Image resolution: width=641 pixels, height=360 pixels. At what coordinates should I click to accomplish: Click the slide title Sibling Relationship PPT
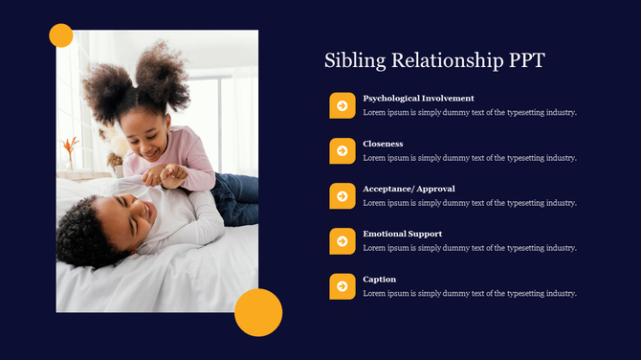tap(434, 60)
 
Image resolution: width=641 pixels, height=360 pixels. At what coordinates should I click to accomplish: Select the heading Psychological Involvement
tap(418, 99)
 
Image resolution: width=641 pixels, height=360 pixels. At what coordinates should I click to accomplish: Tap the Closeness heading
tap(383, 144)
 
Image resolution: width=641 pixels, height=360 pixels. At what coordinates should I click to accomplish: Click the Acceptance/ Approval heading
tap(409, 189)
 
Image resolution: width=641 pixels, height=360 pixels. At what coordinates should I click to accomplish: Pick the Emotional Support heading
tap(402, 234)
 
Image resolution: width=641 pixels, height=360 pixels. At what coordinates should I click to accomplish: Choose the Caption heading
tap(379, 279)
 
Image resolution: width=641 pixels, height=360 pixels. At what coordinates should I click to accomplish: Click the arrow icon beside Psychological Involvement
tap(343, 105)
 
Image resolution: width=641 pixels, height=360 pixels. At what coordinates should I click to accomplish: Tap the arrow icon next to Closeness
tap(343, 150)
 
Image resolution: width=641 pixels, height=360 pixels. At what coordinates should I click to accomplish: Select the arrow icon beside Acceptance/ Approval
tap(343, 195)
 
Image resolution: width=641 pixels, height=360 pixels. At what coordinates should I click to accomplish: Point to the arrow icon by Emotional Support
tap(343, 240)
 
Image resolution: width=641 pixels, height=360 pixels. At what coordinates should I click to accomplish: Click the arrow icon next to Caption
tap(343, 285)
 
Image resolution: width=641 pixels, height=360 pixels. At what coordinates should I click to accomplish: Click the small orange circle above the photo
tap(61, 35)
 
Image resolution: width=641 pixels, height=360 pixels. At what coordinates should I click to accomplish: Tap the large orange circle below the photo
tap(258, 312)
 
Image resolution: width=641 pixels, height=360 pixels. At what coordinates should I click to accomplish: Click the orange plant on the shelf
tap(70, 148)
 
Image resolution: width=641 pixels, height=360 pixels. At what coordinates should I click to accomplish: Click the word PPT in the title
tap(523, 60)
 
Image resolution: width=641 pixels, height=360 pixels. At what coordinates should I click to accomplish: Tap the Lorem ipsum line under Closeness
tap(470, 158)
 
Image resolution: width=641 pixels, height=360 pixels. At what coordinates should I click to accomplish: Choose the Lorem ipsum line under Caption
tap(470, 293)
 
